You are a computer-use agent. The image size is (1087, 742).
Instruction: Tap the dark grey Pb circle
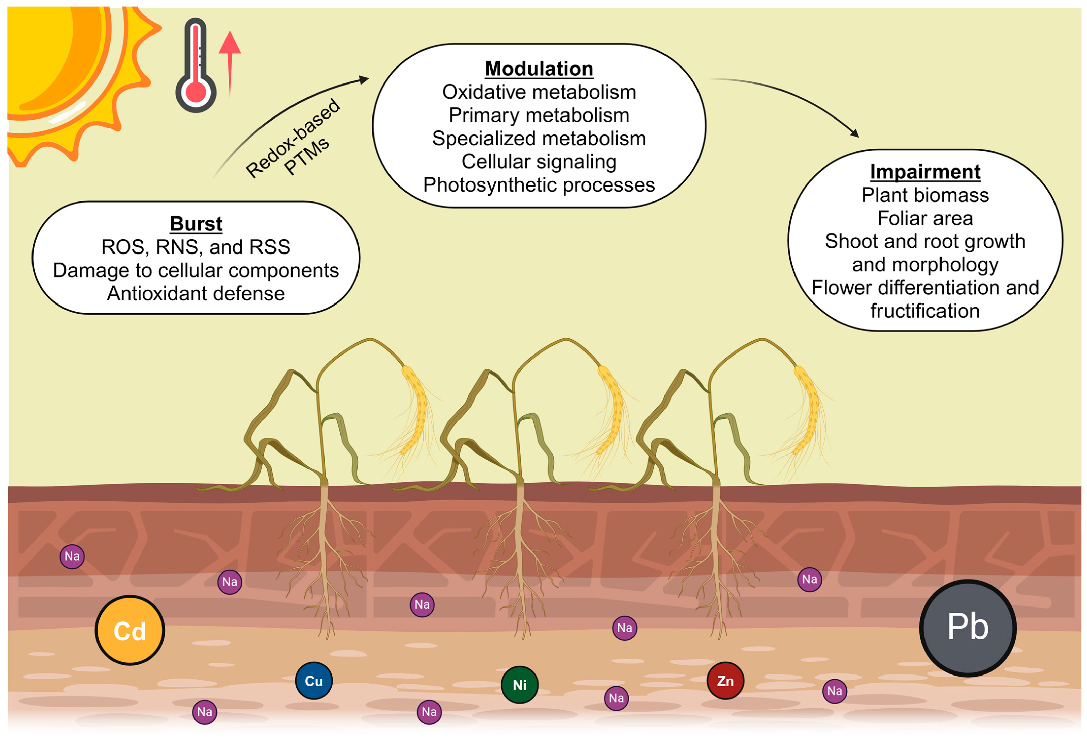click(968, 628)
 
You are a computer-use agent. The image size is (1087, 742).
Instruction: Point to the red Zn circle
click(725, 681)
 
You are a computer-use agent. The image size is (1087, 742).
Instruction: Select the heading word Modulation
click(539, 69)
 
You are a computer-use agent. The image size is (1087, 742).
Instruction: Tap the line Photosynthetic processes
click(539, 185)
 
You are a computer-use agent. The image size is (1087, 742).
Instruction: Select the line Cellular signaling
click(539, 161)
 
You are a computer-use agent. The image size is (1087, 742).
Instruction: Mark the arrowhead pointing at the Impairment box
click(854, 133)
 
